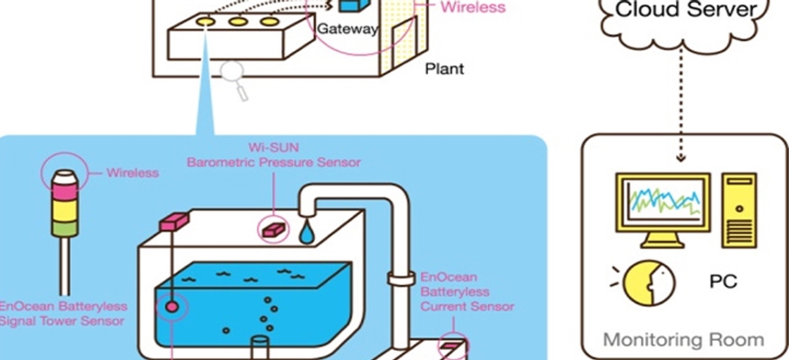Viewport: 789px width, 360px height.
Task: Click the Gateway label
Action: pyautogui.click(x=347, y=29)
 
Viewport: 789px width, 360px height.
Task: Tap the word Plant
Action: pyautogui.click(x=445, y=68)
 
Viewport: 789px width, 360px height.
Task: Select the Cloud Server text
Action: pyautogui.click(x=686, y=9)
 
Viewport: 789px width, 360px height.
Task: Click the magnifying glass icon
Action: pyautogui.click(x=234, y=81)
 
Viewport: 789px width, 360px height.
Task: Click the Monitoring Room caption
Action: pyautogui.click(x=683, y=340)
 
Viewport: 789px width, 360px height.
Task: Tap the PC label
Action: pyautogui.click(x=723, y=281)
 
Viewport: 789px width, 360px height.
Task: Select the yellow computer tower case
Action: pyautogui.click(x=738, y=210)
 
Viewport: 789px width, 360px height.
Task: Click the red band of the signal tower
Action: pyautogui.click(x=65, y=192)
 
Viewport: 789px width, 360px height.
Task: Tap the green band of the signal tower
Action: pyautogui.click(x=65, y=229)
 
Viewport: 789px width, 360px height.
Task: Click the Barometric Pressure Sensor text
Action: pyautogui.click(x=274, y=163)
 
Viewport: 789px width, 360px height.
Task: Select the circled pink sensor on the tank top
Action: pyautogui.click(x=274, y=230)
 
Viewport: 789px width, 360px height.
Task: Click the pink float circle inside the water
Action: pyautogui.click(x=172, y=307)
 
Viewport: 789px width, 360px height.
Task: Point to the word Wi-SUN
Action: pyautogui.click(x=274, y=148)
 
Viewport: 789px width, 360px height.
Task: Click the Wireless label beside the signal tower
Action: pyautogui.click(x=132, y=173)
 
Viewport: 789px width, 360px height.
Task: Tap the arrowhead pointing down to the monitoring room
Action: pyautogui.click(x=681, y=158)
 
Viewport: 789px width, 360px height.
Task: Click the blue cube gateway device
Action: pyautogui.click(x=355, y=5)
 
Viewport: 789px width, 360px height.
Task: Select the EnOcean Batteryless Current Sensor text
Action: pyautogui.click(x=467, y=292)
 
